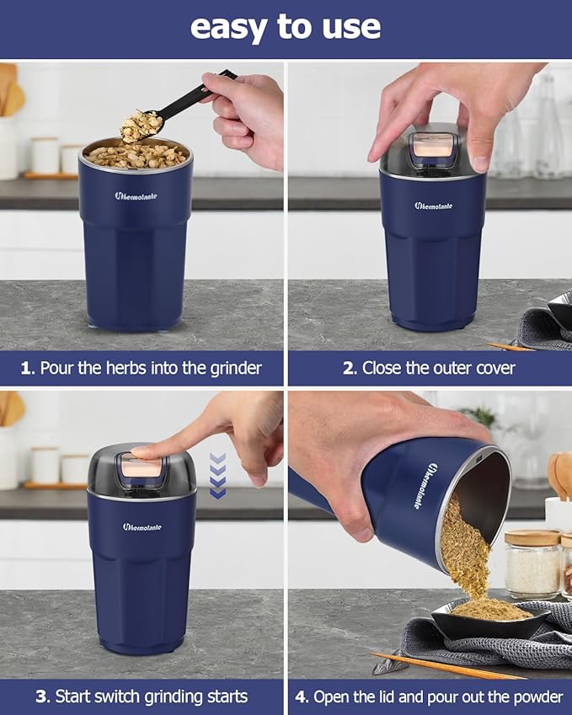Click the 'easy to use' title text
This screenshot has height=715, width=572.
(286, 27)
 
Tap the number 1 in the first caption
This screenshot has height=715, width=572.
(25, 368)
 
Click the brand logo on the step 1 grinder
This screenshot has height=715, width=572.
(136, 196)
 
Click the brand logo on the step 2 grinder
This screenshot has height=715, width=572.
(433, 205)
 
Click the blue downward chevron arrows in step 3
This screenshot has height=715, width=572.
(217, 476)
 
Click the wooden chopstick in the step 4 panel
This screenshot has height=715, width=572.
(446, 665)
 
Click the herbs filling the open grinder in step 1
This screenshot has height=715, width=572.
(136, 154)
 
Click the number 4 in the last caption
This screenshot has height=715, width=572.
(302, 696)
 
